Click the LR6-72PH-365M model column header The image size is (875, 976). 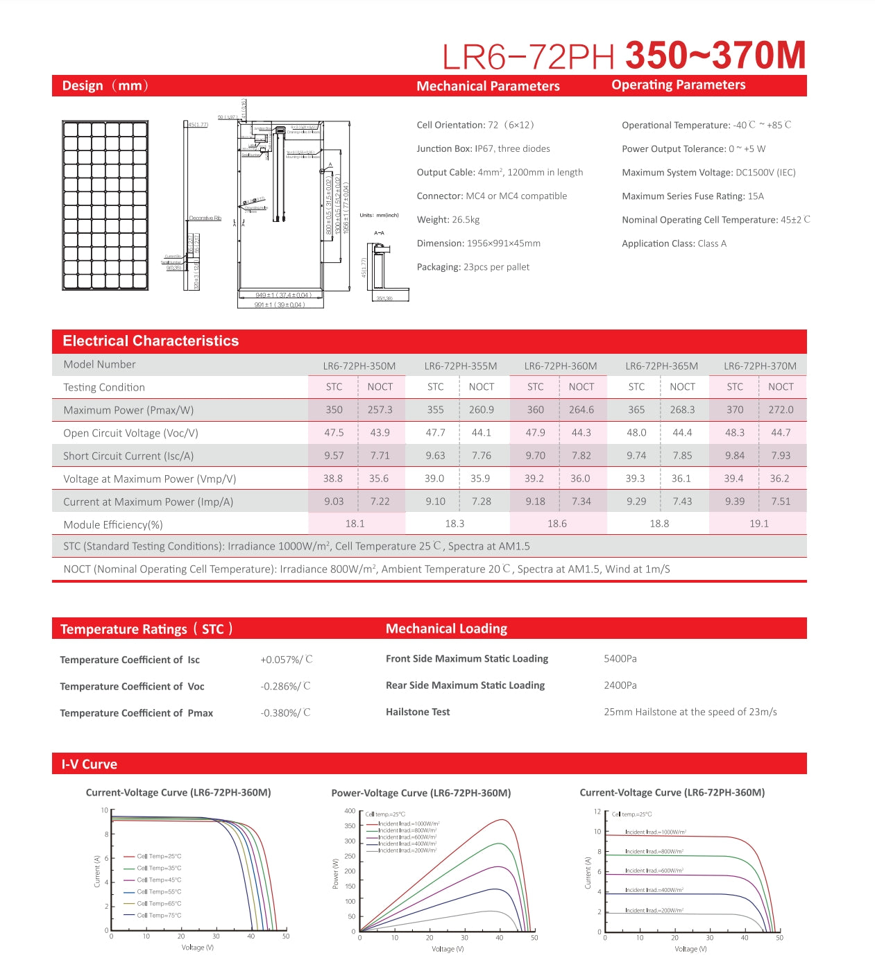(661, 366)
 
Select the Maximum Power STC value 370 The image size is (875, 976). (735, 410)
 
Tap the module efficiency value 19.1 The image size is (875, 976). (758, 524)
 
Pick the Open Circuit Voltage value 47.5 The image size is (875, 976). (334, 433)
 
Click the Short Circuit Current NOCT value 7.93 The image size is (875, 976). (781, 456)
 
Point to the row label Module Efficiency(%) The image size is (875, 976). (113, 524)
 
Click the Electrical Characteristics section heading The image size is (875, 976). (151, 341)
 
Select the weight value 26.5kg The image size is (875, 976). (466, 220)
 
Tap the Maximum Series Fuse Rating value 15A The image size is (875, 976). (756, 196)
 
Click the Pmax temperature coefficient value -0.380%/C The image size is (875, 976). (285, 713)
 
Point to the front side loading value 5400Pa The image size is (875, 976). (620, 658)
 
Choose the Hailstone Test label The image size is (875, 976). (418, 712)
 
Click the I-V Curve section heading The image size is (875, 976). (90, 764)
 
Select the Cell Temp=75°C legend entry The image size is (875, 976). (159, 915)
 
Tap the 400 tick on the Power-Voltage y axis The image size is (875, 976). (350, 810)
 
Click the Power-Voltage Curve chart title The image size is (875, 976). (420, 793)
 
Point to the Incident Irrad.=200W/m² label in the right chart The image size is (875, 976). (654, 910)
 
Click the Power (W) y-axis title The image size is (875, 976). (336, 874)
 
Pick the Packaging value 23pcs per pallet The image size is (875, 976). (496, 267)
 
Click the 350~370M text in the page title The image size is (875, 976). (715, 55)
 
